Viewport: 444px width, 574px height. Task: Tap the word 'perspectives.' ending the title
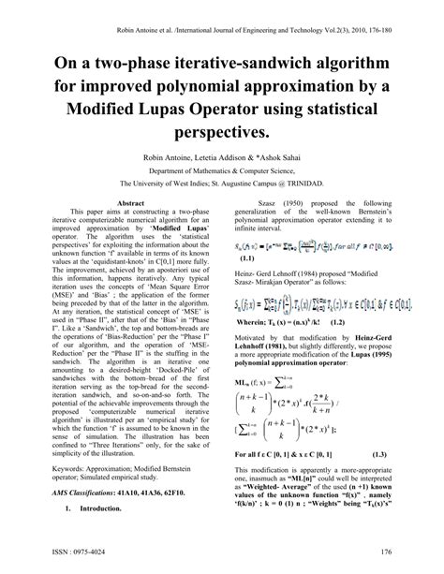point(222,132)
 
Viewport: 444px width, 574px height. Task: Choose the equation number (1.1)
point(249,258)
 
